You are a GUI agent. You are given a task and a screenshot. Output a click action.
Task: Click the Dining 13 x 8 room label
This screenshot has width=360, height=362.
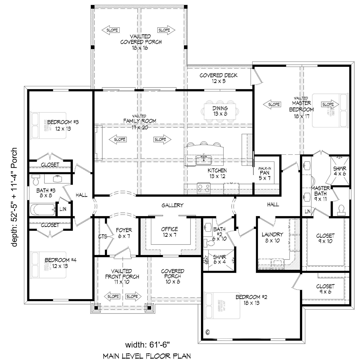[x=220, y=111]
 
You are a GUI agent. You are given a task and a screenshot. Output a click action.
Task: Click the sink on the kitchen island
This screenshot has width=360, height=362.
[x=204, y=160]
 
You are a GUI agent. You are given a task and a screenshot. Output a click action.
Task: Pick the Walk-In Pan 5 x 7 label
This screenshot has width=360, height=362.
[x=265, y=173]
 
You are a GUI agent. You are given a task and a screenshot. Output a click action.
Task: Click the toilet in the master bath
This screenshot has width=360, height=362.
[x=341, y=209]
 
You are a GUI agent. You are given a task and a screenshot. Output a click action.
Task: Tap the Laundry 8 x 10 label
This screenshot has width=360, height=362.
[x=272, y=237]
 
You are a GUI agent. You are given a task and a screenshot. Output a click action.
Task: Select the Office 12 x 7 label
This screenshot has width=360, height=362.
[x=169, y=232]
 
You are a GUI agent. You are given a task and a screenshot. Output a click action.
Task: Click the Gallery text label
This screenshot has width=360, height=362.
[x=172, y=205]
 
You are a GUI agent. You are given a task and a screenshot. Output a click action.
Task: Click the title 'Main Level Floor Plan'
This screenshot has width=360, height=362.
[x=147, y=356]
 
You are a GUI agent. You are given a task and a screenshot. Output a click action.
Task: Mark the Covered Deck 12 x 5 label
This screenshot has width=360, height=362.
[x=218, y=78]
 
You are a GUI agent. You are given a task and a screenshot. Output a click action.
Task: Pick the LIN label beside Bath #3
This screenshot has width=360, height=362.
[x=63, y=209]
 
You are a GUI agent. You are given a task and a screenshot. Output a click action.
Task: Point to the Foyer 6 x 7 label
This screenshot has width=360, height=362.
[x=124, y=233]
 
